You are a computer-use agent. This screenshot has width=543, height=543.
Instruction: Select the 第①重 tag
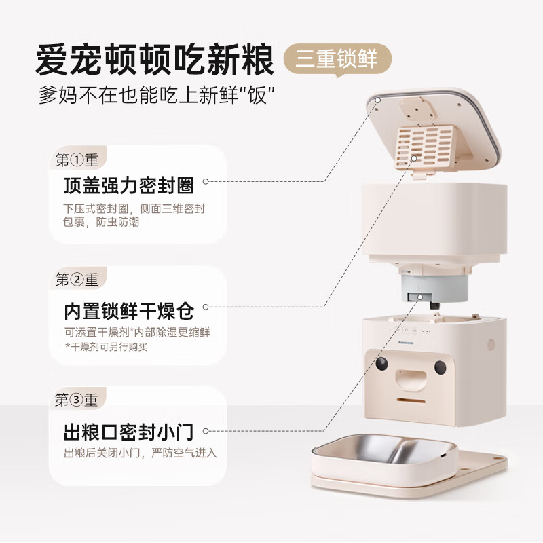77,160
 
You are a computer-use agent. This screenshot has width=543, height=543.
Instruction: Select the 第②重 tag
77,280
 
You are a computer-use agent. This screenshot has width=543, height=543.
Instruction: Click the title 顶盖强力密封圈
129,185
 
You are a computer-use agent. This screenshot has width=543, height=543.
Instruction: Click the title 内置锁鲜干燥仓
129,312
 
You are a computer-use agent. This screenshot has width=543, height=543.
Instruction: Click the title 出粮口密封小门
129,431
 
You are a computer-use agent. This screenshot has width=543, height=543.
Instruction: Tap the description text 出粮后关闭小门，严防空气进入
141,453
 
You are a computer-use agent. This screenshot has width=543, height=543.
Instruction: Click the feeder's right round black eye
440,367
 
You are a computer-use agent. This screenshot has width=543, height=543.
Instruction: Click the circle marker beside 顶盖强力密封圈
206,181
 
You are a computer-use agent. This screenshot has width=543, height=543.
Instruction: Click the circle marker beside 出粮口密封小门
206,430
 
